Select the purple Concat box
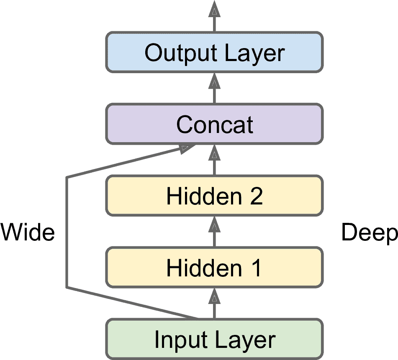tap(214, 124)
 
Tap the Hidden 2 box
tap(214, 196)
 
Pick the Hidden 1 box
tap(214, 267)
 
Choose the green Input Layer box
tap(214, 340)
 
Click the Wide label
tap(28, 232)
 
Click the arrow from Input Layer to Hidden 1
tap(214, 304)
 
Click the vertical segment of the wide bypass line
tap(67, 232)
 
